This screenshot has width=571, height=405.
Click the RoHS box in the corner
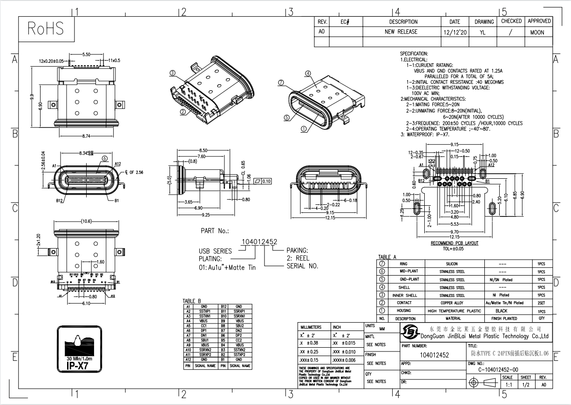click(x=45, y=29)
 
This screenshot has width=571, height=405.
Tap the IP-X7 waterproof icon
click(x=79, y=349)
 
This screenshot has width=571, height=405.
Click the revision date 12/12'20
click(x=455, y=33)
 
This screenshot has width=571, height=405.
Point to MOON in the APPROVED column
click(x=537, y=33)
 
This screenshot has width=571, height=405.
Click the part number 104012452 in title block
click(x=435, y=355)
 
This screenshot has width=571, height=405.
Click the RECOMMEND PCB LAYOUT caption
click(x=454, y=243)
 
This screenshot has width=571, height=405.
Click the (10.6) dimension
click(x=86, y=222)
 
